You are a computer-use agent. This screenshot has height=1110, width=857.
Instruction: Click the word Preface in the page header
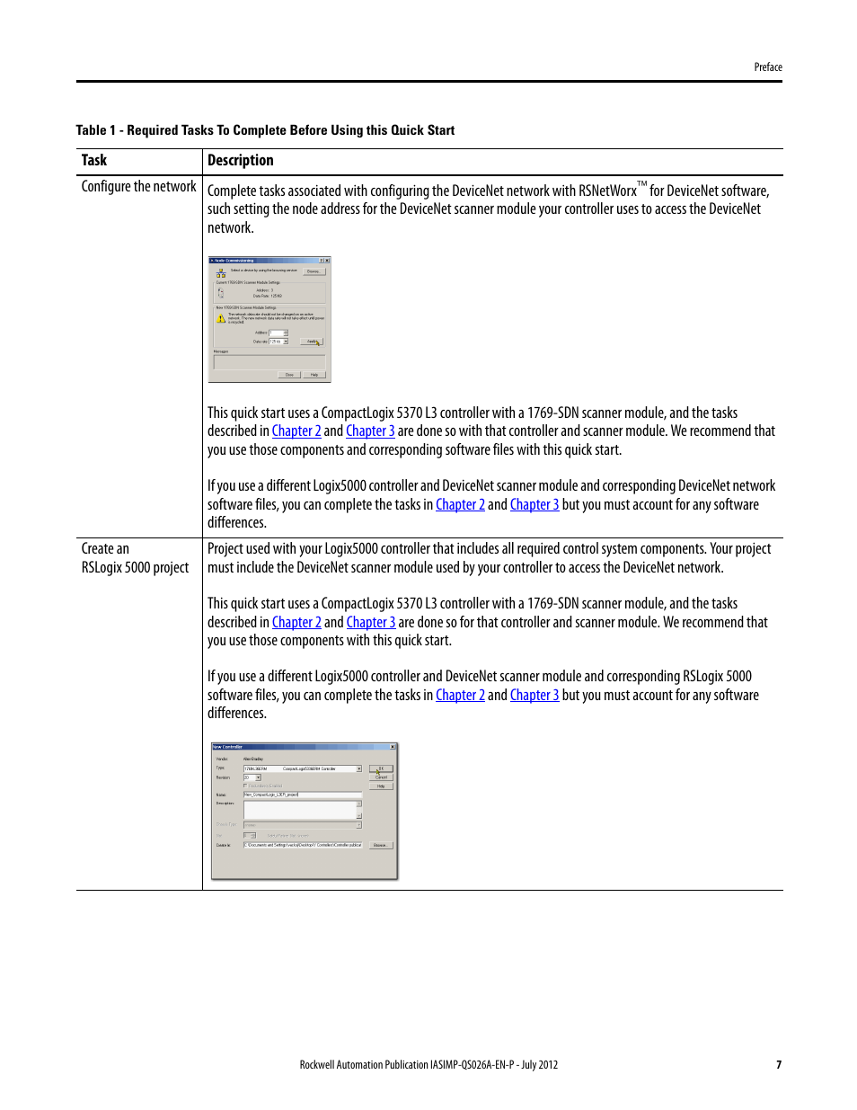pos(768,67)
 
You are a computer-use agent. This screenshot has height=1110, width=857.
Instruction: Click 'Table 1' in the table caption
pos(95,130)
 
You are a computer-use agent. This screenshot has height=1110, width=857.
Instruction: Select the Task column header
pos(94,161)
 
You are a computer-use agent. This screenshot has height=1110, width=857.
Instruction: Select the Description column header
pos(241,161)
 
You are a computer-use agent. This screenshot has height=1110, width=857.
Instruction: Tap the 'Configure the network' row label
pos(138,187)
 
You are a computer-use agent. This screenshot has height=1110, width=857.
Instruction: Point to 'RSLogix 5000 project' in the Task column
pos(135,568)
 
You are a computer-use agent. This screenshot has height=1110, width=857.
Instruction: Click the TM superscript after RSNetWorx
pos(642,184)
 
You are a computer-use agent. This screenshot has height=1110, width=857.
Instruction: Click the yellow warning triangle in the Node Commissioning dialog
pos(221,318)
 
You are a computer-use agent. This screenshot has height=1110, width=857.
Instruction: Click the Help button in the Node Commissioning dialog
pos(314,375)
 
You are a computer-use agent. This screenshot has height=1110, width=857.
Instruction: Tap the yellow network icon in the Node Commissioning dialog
pos(221,271)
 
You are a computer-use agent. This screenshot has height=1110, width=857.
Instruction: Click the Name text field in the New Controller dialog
pos(302,795)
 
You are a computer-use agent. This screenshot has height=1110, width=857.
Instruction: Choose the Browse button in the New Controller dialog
pos(380,845)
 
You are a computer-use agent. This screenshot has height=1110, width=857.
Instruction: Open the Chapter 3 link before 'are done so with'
pos(370,431)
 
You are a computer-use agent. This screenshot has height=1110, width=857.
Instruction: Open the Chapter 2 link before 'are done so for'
pos(296,623)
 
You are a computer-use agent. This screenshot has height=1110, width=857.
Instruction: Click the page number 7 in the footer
pos(779,1065)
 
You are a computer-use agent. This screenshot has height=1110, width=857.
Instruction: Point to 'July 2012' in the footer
pos(540,1065)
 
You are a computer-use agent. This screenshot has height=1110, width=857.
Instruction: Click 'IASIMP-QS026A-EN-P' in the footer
pos(472,1065)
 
